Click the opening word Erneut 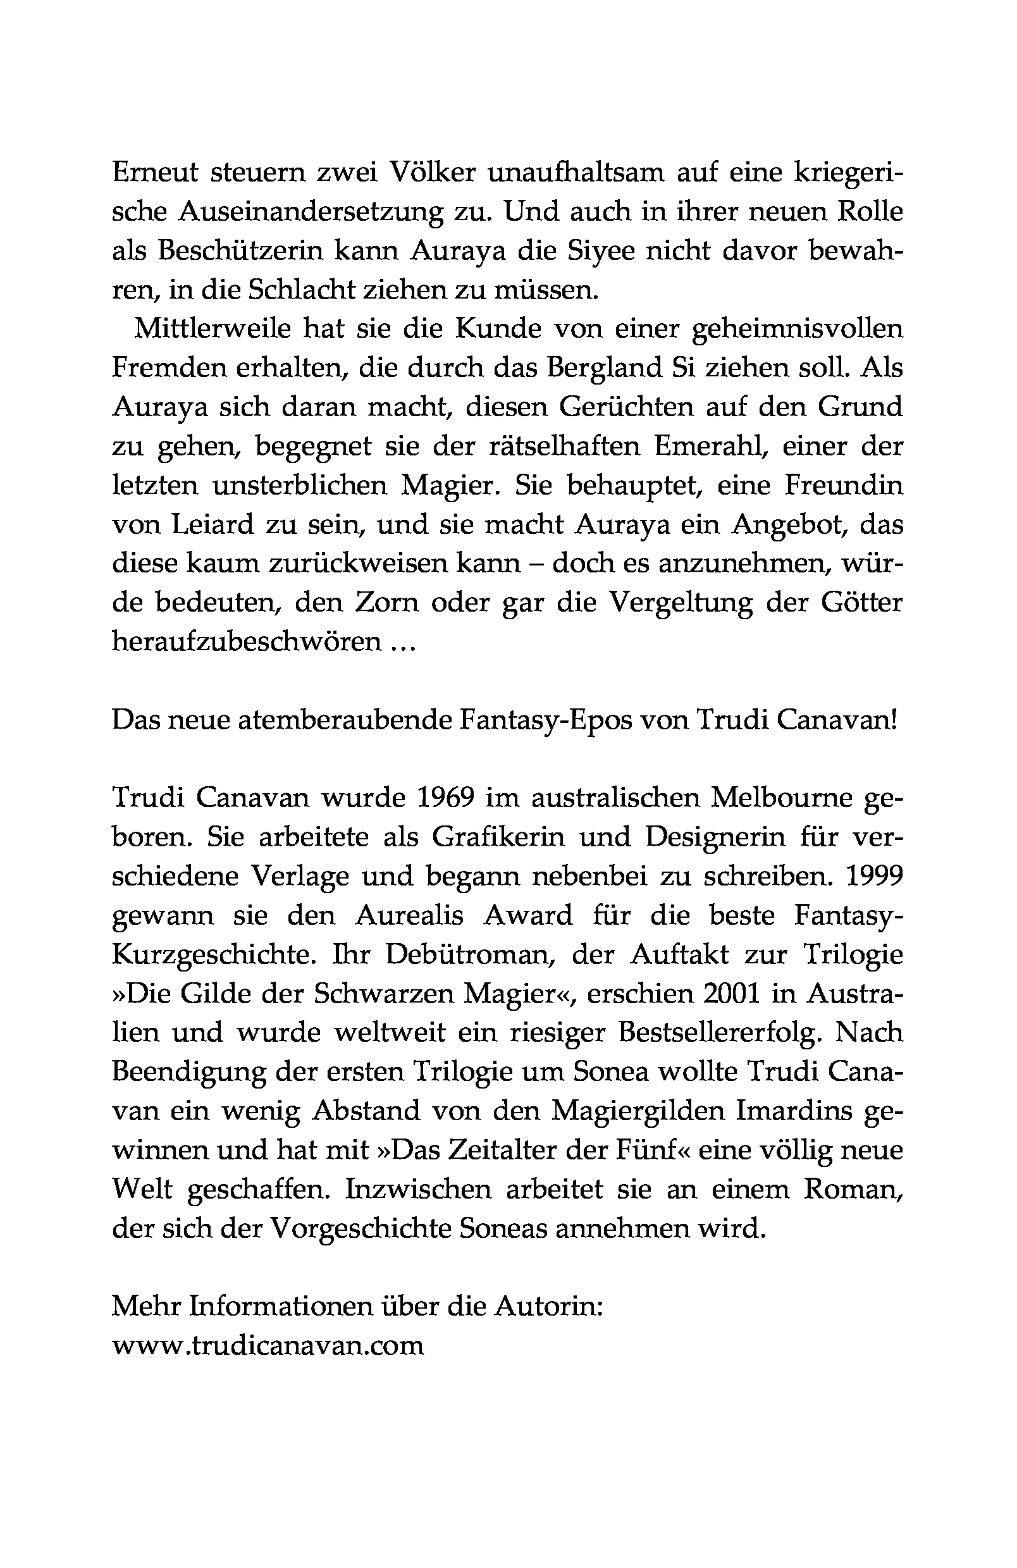[156, 173]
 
